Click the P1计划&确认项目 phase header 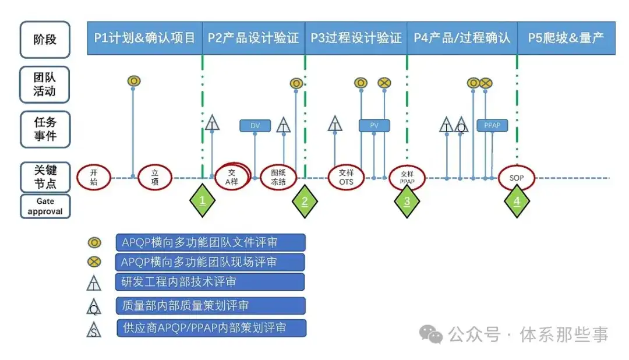144,38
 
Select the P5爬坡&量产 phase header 566,38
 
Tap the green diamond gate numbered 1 203,201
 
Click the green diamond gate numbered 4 517,201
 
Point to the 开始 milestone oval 94,177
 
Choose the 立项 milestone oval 155,177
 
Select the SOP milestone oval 517,178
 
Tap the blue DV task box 255,125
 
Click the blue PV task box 374,125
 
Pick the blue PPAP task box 492,125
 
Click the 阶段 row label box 45,40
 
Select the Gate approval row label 45,206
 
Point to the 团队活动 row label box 45,84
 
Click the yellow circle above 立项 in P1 134,80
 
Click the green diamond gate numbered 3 407,201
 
